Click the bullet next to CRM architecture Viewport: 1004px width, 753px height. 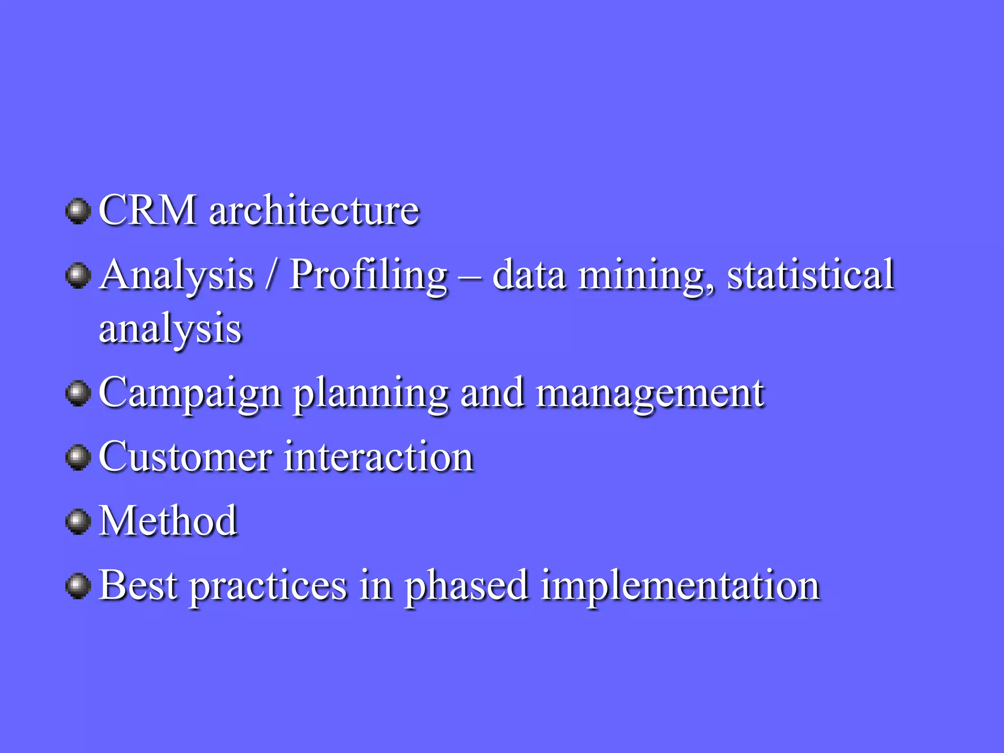tap(78, 211)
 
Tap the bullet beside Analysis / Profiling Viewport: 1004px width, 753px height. tap(78, 276)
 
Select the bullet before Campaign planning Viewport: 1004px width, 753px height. tap(78, 393)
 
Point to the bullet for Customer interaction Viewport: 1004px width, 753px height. tap(78, 457)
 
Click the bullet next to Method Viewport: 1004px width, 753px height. tap(78, 522)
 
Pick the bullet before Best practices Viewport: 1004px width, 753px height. tap(78, 586)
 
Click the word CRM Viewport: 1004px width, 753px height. tap(148, 210)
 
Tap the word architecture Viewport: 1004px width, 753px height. tap(314, 210)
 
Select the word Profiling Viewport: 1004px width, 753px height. tap(368, 276)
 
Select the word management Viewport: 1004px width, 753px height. tap(650, 393)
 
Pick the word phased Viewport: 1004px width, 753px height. tap(466, 586)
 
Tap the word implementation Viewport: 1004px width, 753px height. tap(680, 586)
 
